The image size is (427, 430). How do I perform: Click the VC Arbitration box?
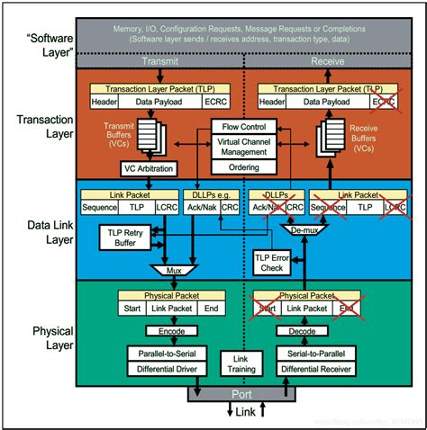click(147, 167)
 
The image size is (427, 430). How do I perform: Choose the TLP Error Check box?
click(271, 261)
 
